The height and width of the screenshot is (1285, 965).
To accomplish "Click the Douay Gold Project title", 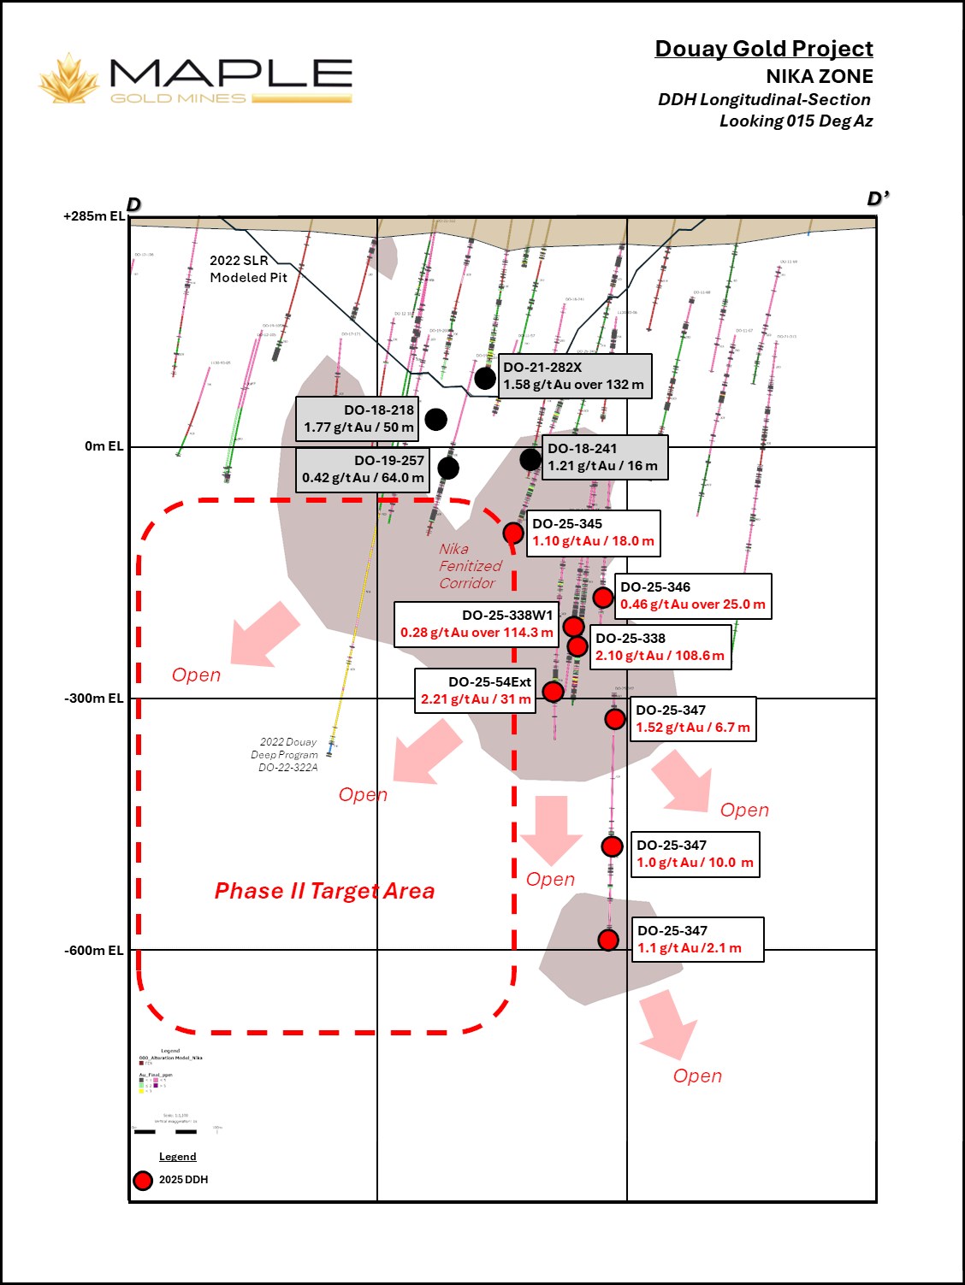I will click(x=763, y=49).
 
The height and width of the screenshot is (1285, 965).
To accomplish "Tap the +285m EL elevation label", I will click(x=93, y=216).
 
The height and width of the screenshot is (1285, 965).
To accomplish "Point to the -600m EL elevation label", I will click(x=93, y=951).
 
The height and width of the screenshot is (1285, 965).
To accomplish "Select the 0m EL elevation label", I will click(x=104, y=446).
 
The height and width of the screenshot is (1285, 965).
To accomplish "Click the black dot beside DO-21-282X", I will click(x=485, y=377).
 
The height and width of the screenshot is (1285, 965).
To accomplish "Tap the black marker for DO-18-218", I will click(x=435, y=419).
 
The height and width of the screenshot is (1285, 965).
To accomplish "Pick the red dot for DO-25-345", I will click(x=513, y=533).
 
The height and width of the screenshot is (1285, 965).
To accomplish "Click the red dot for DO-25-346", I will click(x=603, y=597).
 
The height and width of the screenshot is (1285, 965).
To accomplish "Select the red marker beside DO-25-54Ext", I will click(x=554, y=691).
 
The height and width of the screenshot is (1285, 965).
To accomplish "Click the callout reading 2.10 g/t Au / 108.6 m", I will click(x=660, y=647).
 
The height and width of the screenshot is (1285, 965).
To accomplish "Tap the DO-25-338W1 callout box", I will click(x=477, y=624).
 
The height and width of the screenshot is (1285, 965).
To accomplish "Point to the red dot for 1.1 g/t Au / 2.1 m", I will click(x=608, y=940).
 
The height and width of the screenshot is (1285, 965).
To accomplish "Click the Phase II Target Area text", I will click(x=324, y=891).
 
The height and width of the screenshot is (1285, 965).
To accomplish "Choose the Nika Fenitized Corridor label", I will click(x=470, y=566).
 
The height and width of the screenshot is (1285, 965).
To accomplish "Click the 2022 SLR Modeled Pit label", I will click(x=248, y=268).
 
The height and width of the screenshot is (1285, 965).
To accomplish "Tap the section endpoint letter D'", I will click(x=877, y=199).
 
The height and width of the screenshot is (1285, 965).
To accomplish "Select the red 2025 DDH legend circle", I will click(x=143, y=1180).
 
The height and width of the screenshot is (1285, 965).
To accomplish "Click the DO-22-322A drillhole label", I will click(x=287, y=768).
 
